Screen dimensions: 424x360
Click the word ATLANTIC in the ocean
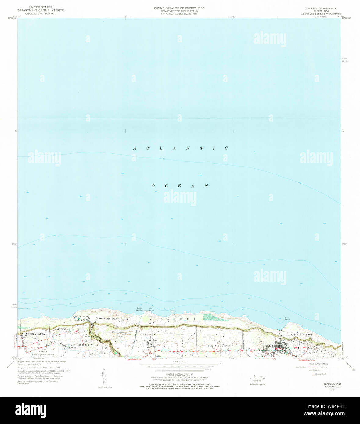point(180,148)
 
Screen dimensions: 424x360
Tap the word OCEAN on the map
point(180,186)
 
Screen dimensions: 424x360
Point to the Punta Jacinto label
point(139,309)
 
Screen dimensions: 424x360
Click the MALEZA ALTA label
point(35,334)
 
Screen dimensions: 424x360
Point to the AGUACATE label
point(64,329)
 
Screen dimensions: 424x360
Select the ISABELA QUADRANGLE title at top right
point(319,8)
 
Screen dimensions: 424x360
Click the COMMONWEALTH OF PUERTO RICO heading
point(179,8)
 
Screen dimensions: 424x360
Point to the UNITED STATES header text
point(41,7)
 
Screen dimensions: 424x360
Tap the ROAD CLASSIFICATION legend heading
point(318,364)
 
